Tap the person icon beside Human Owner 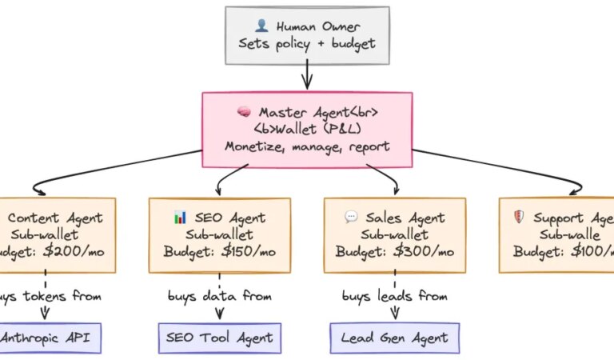(x=261, y=26)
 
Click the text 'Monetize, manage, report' (x=307, y=146)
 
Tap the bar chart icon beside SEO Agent (x=179, y=217)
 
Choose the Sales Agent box (x=395, y=234)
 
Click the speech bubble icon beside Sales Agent (x=351, y=217)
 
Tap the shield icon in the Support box (x=517, y=217)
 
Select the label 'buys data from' (x=220, y=297)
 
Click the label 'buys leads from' (x=395, y=297)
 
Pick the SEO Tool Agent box (x=220, y=338)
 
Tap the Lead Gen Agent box (x=395, y=338)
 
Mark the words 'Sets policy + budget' (x=306, y=43)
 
